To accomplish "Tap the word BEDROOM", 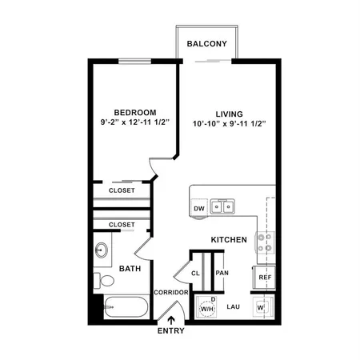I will [134, 113].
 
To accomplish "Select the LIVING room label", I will [228, 113].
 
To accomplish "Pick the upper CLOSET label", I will [122, 191].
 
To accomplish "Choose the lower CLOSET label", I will [122, 226].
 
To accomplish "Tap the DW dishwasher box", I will [199, 210].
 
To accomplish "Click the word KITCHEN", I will [228, 240].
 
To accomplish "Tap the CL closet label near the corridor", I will [196, 274].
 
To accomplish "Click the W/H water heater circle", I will [206, 307].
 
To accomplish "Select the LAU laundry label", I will [234, 306].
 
